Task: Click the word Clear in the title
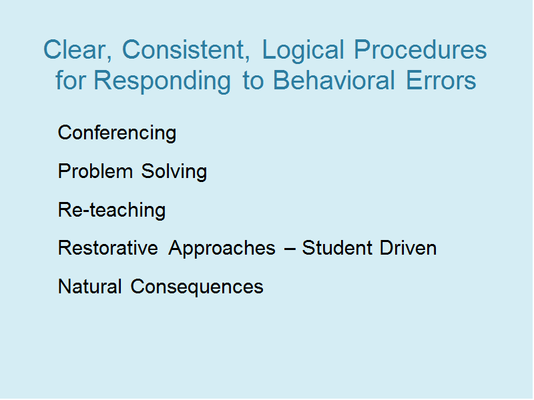pyautogui.click(x=77, y=50)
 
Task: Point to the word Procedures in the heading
pyautogui.click(x=421, y=49)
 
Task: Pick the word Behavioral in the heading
pyautogui.click(x=334, y=80)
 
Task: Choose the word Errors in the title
pyautogui.click(x=441, y=80)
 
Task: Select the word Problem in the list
pyautogui.click(x=95, y=171)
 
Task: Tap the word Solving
pyautogui.click(x=174, y=172)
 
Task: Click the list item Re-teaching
pyautogui.click(x=111, y=211)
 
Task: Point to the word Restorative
pyautogui.click(x=108, y=247)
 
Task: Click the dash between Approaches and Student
pyautogui.click(x=290, y=249)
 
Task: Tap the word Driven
pyautogui.click(x=408, y=247)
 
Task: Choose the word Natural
pyautogui.click(x=90, y=287)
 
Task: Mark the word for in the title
pyautogui.click(x=71, y=80)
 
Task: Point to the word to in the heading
pyautogui.click(x=253, y=81)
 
